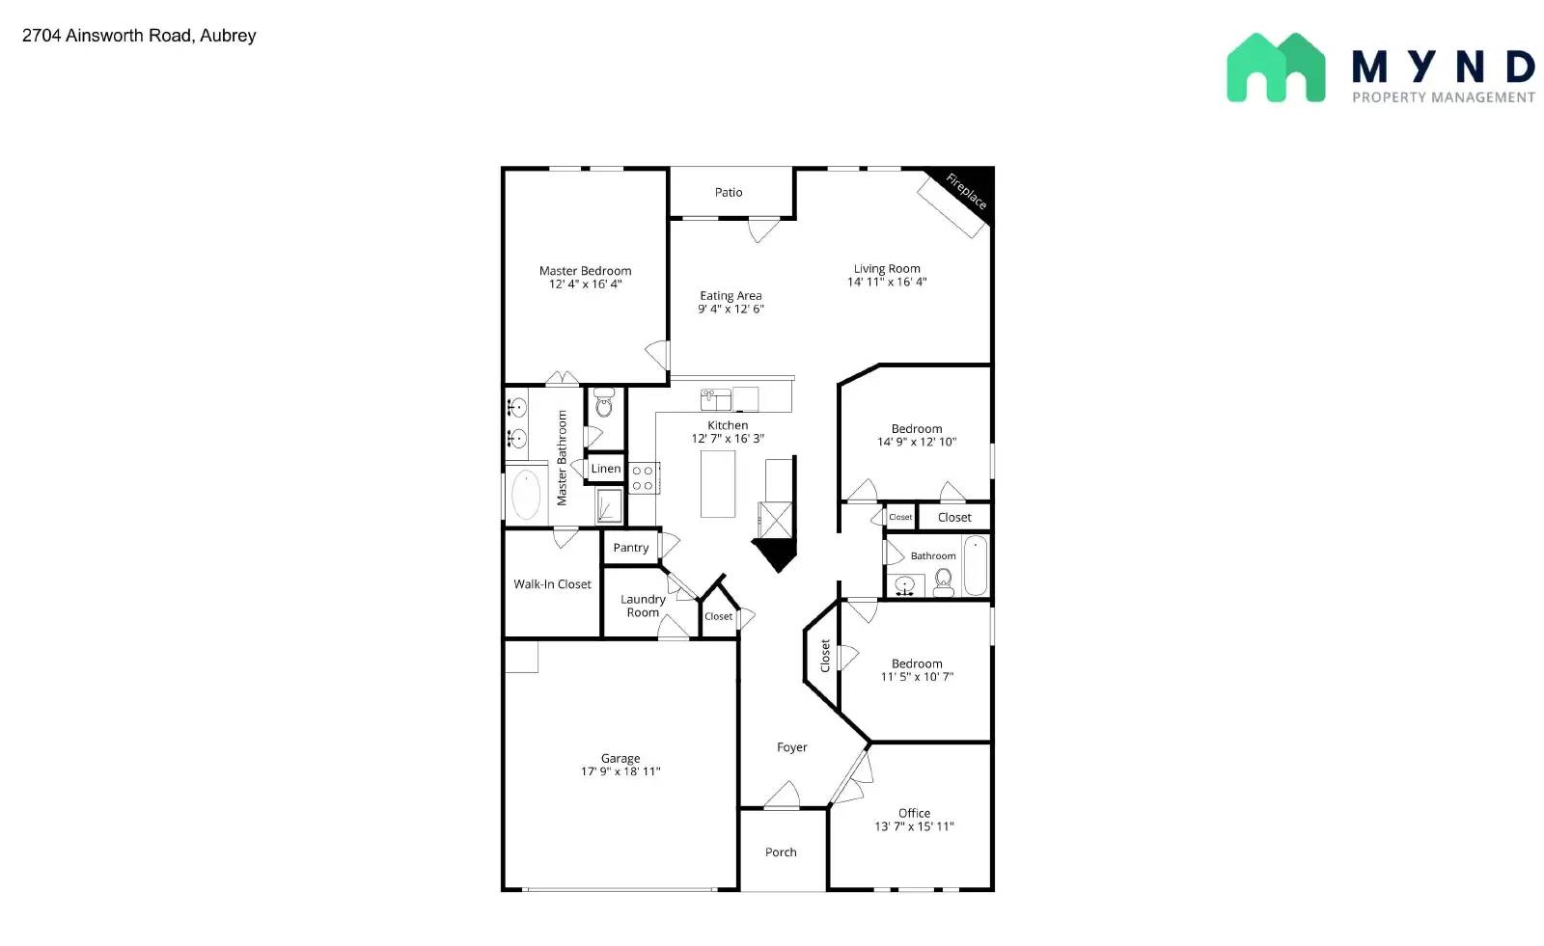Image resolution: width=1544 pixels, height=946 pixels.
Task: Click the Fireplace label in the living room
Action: pyautogui.click(x=965, y=191)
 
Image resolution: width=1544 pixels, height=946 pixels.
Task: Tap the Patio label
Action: pyautogui.click(x=729, y=193)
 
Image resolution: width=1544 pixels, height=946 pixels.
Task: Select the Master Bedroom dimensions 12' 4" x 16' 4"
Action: pyautogui.click(x=585, y=284)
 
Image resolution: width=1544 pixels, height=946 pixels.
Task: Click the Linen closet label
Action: pyautogui.click(x=606, y=469)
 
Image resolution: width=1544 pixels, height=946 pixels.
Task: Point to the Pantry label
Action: pyautogui.click(x=631, y=548)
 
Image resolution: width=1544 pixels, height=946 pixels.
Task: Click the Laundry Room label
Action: pyautogui.click(x=643, y=606)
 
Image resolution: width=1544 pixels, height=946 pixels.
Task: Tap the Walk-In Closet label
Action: pyautogui.click(x=552, y=584)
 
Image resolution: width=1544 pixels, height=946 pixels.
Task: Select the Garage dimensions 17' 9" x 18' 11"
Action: pyautogui.click(x=620, y=771)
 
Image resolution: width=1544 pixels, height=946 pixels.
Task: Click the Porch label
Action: pyautogui.click(x=781, y=852)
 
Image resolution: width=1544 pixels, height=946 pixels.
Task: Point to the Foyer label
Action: pyautogui.click(x=792, y=747)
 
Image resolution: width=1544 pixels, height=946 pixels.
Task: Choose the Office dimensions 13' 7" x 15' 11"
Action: pyautogui.click(x=914, y=826)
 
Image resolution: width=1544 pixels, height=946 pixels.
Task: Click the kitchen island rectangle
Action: pyautogui.click(x=718, y=484)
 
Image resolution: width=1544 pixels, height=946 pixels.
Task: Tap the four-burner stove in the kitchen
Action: pyautogui.click(x=643, y=478)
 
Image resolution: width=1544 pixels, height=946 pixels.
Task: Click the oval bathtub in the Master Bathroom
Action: pyautogui.click(x=526, y=496)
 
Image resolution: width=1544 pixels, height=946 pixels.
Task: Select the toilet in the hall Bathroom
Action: pyautogui.click(x=944, y=581)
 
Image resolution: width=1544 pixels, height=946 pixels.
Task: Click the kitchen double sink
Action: pyautogui.click(x=715, y=398)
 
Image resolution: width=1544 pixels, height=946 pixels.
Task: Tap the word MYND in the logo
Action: pyautogui.click(x=1443, y=68)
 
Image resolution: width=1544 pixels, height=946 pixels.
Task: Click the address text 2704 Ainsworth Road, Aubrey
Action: pyautogui.click(x=139, y=36)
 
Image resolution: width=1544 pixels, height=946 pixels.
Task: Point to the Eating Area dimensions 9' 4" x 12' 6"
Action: pyautogui.click(x=731, y=310)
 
